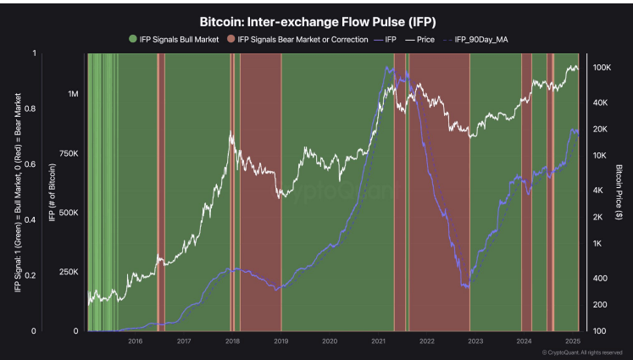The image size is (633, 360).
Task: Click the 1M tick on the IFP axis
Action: (x=73, y=94)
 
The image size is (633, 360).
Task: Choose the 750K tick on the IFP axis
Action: (x=68, y=153)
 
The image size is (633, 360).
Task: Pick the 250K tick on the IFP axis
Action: (x=68, y=272)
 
